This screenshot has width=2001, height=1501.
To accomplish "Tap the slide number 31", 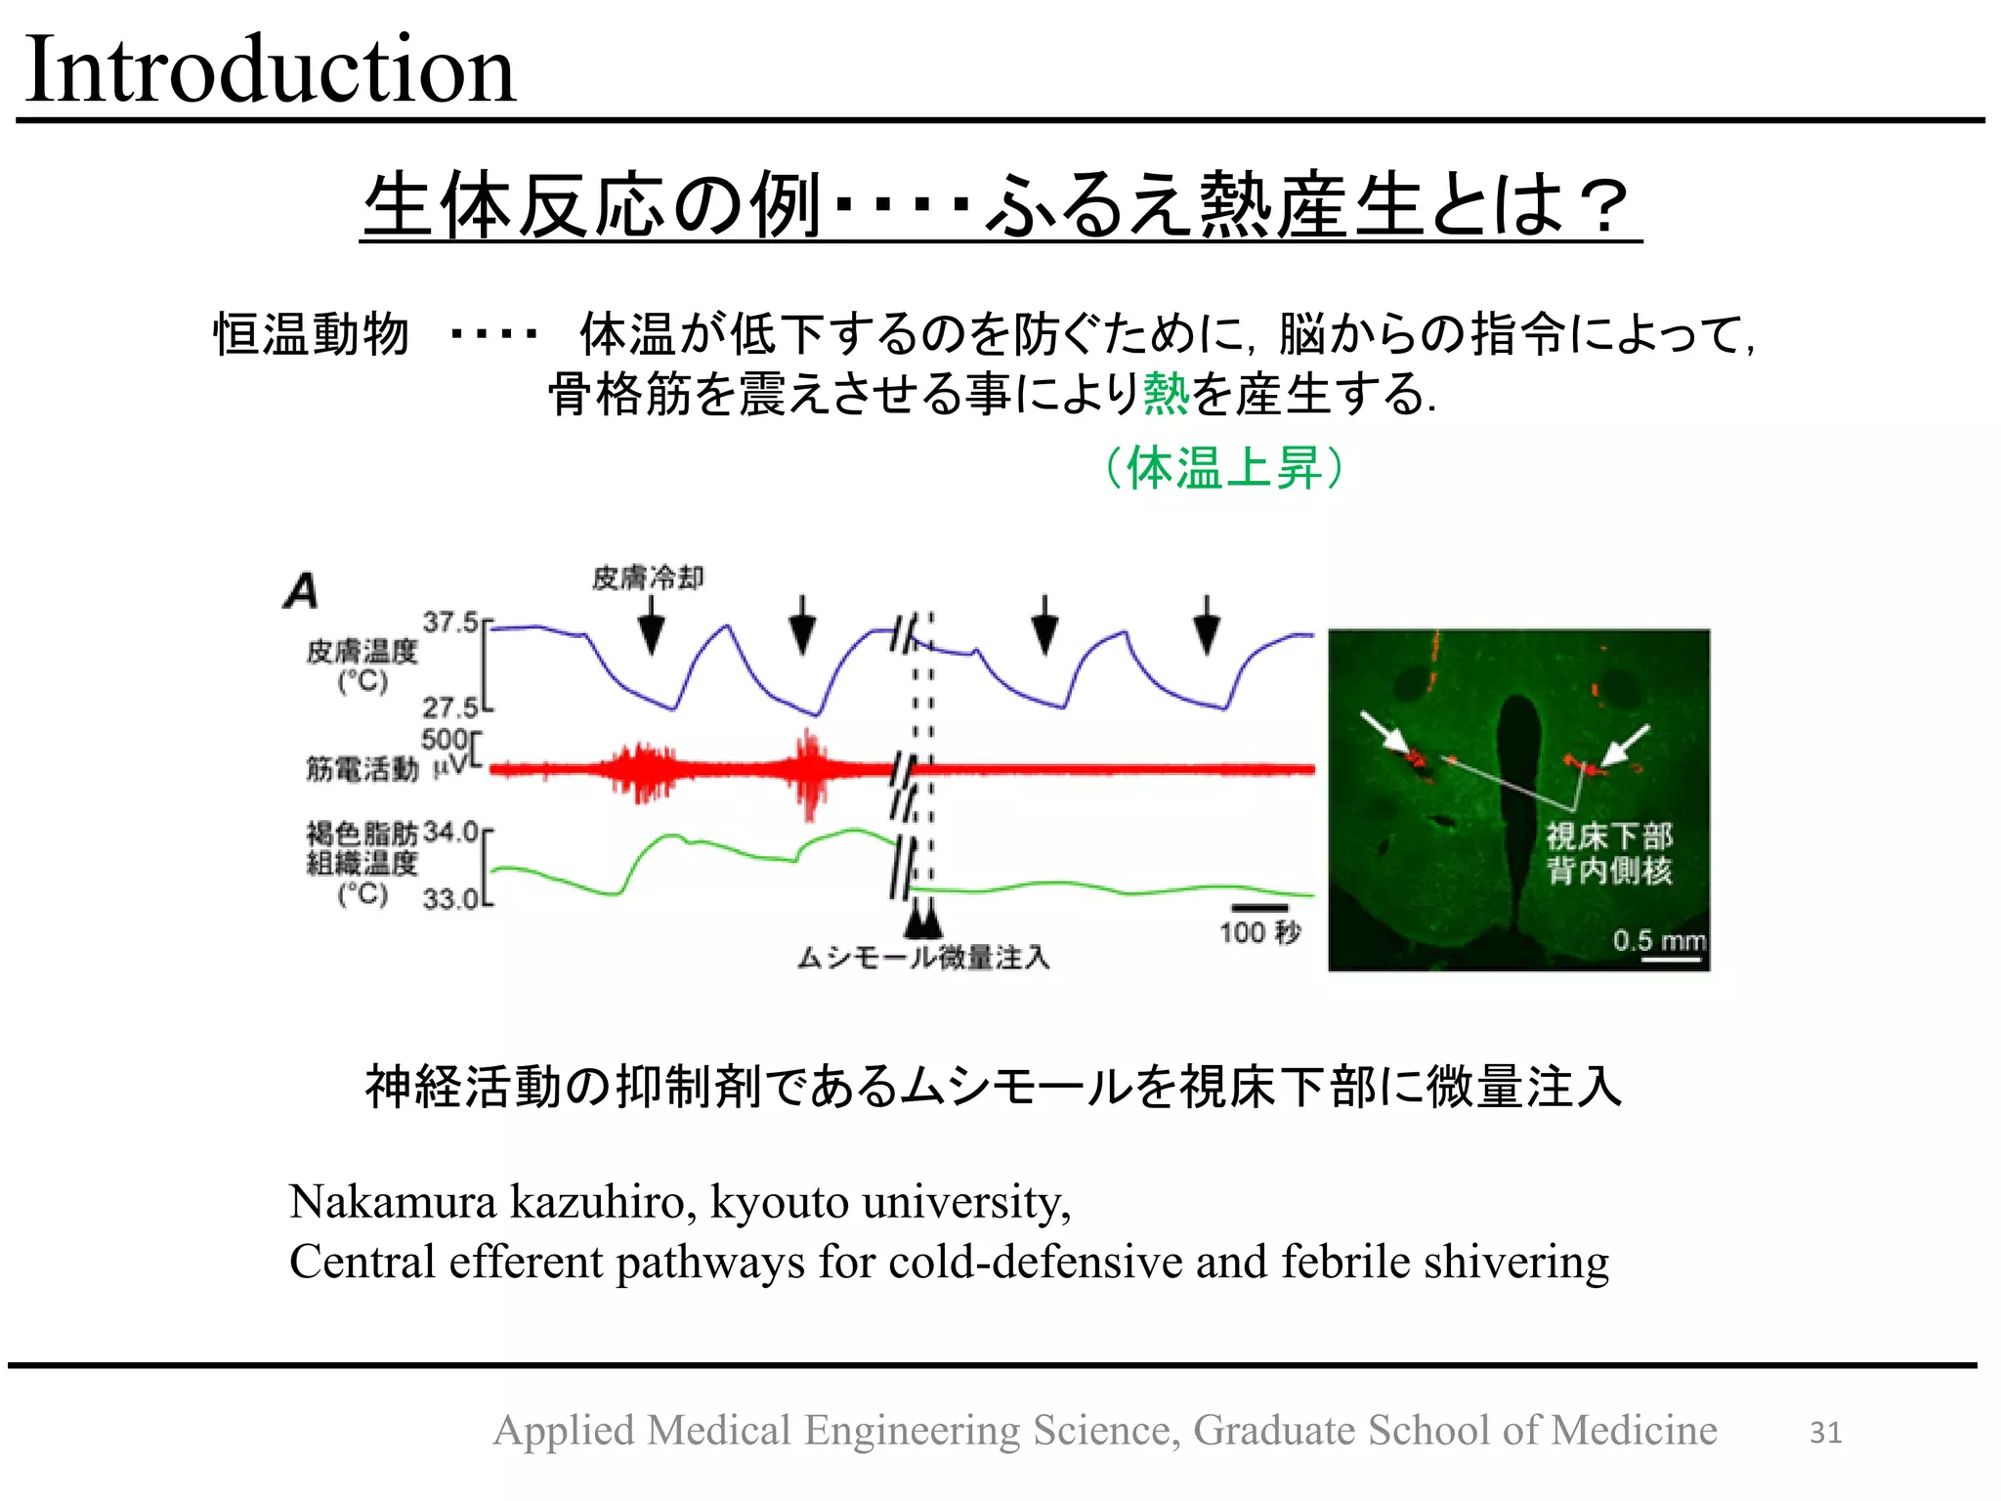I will click(x=1825, y=1432).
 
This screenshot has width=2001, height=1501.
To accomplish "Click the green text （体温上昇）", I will click(x=1223, y=467).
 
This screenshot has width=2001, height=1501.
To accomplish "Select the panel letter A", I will click(x=301, y=591).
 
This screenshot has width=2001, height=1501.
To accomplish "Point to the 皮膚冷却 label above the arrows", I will click(x=647, y=578).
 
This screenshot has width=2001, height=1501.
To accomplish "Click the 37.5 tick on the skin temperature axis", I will click(x=449, y=622).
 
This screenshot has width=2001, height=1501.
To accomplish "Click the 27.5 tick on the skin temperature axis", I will click(x=449, y=707).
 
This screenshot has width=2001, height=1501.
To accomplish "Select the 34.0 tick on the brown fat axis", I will click(x=450, y=833).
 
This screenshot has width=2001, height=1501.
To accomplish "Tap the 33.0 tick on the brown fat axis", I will click(x=450, y=899).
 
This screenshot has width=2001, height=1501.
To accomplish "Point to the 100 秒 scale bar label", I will click(x=1259, y=932).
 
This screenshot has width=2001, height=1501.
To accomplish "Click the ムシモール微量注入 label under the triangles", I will click(x=923, y=958).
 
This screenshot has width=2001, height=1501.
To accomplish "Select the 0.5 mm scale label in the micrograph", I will click(x=1658, y=941).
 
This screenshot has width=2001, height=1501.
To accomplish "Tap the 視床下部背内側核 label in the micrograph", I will click(x=1608, y=853).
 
